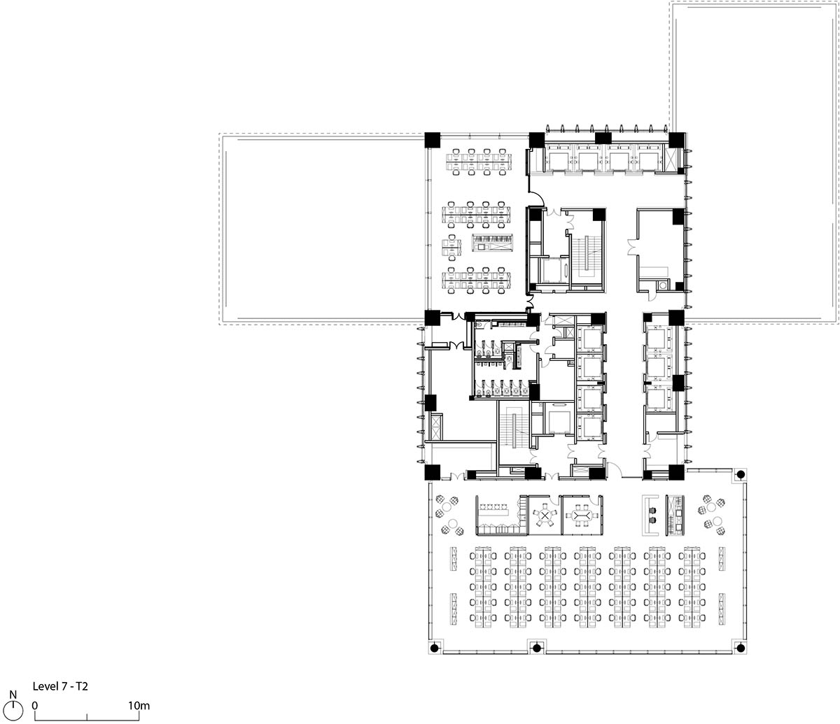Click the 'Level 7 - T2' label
[x=60, y=686]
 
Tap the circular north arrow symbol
[x=13, y=709]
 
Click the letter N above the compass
[x=13, y=695]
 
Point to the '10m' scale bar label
[x=139, y=706]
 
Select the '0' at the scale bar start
[x=35, y=706]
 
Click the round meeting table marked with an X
[x=545, y=516]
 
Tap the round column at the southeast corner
[x=741, y=647]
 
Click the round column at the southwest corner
[x=435, y=647]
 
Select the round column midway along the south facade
[x=537, y=647]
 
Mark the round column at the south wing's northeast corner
[x=741, y=474]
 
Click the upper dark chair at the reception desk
[x=652, y=511]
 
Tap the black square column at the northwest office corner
[x=433, y=140]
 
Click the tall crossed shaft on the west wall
[x=435, y=427]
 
